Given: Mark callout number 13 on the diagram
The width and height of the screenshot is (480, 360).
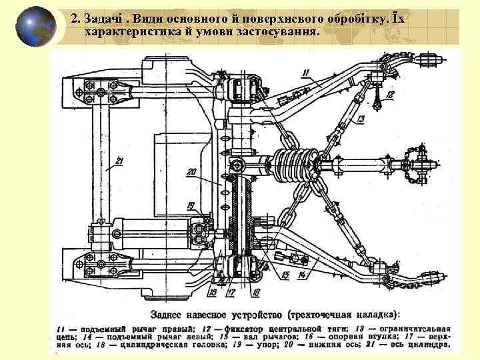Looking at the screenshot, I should [360, 119].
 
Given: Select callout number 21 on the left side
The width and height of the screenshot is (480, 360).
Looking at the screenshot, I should [119, 160].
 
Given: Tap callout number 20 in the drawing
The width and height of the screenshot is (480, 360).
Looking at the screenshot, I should [193, 173].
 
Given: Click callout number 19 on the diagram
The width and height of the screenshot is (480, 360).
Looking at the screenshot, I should [191, 205].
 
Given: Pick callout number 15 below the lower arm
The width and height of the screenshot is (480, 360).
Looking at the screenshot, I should [285, 274].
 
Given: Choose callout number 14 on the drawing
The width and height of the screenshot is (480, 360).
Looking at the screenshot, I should [302, 274].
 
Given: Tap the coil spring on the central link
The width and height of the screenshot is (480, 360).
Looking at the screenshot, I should [292, 163].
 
